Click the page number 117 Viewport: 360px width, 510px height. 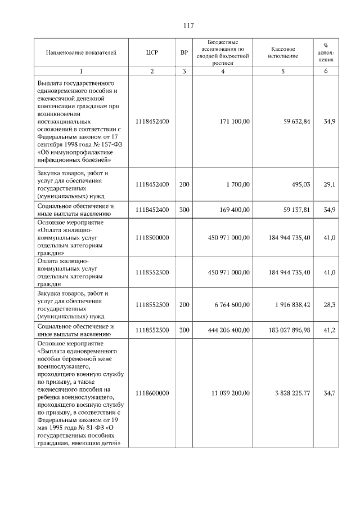click(188, 26)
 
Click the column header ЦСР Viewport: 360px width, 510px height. click(152, 52)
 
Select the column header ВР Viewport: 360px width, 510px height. click(184, 52)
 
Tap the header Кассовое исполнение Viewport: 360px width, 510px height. click(283, 52)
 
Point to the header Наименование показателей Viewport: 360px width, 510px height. click(81, 52)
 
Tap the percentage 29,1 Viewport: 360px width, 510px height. click(329, 184)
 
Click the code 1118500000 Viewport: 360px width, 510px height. click(152, 238)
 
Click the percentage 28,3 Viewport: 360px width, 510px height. click(329, 304)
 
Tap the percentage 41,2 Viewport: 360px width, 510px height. click(329, 330)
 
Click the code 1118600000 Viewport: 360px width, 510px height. click(152, 393)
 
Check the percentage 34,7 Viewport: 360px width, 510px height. click(329, 393)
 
